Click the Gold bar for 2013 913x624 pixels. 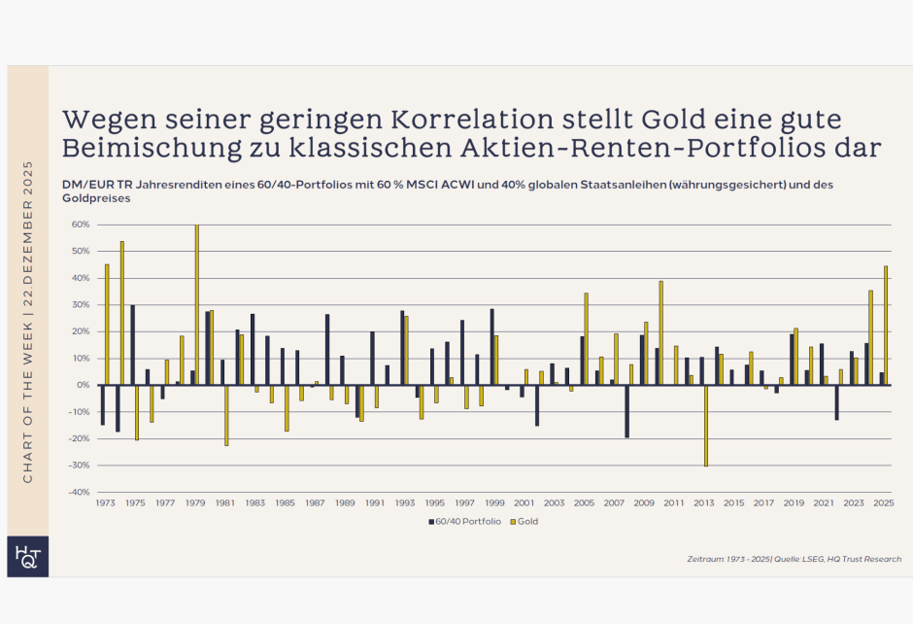pyautogui.click(x=706, y=426)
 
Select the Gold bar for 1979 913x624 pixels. pyautogui.click(x=197, y=305)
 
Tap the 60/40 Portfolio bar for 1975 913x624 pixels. pyautogui.click(x=132, y=345)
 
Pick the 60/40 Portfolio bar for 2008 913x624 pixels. pyautogui.click(x=626, y=411)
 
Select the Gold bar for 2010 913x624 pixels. pyautogui.click(x=661, y=333)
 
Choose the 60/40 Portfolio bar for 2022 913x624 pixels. pyautogui.click(x=836, y=402)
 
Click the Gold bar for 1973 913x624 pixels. pyautogui.click(x=107, y=325)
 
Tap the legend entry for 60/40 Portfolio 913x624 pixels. pyautogui.click(x=462, y=521)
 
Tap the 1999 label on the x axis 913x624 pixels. pyautogui.click(x=495, y=503)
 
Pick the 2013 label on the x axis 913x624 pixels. pyautogui.click(x=704, y=503)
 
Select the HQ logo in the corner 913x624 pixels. pyautogui.click(x=27, y=556)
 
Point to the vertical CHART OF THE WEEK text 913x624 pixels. pyautogui.click(x=27, y=321)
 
